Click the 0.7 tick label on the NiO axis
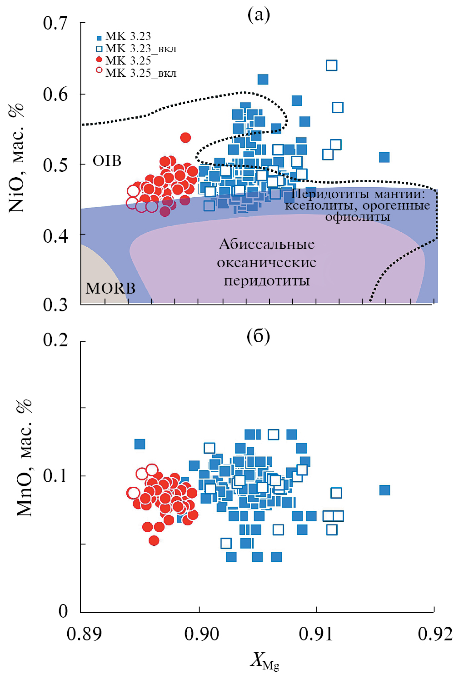click(55, 23)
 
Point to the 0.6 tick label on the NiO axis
click(55, 94)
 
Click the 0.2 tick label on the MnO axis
click(55, 339)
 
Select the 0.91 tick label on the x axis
click(316, 634)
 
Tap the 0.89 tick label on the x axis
click(84, 634)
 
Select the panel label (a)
click(259, 15)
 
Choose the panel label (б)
click(258, 336)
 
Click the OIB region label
click(107, 161)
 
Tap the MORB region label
click(110, 288)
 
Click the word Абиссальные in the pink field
click(267, 245)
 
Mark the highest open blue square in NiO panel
click(332, 65)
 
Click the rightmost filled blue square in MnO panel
click(384, 490)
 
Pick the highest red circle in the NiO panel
click(185, 137)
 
